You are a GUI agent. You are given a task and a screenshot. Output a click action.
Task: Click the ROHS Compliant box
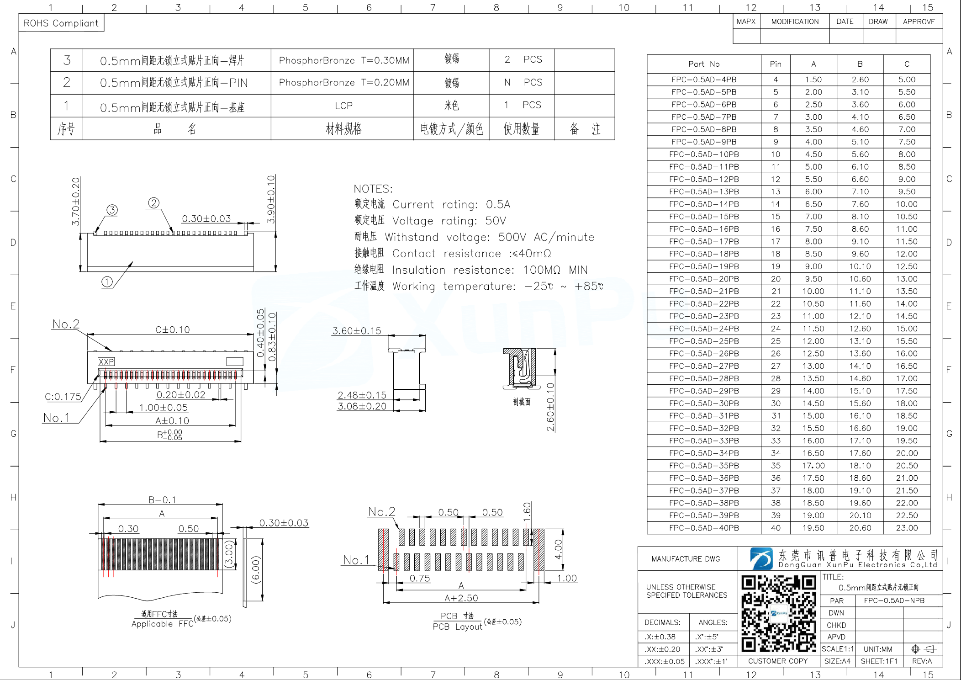click(61, 23)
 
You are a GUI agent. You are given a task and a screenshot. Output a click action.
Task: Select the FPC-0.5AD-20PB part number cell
click(703, 279)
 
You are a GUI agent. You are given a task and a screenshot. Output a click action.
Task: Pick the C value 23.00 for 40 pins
click(906, 528)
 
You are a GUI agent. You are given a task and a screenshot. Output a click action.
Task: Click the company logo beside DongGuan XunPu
click(761, 558)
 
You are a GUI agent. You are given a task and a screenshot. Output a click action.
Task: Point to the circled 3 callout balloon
click(112, 210)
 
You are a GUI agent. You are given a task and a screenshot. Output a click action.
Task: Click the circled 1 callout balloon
click(107, 282)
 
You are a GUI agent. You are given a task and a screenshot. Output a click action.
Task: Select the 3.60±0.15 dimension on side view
click(356, 330)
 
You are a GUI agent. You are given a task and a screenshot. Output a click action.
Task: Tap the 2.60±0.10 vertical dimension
click(550, 407)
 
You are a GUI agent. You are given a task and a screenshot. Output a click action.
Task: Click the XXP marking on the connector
click(106, 361)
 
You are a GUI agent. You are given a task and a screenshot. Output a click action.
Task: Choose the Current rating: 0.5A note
click(451, 204)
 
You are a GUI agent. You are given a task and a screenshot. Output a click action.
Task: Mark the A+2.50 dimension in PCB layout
click(461, 598)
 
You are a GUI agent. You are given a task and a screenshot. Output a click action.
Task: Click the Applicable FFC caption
click(162, 624)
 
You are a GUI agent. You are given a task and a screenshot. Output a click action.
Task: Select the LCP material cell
click(343, 106)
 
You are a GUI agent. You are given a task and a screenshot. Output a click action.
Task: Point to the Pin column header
click(776, 64)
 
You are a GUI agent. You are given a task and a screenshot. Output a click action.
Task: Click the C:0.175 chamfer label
click(63, 397)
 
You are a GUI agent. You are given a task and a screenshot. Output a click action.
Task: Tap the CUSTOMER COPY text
click(777, 661)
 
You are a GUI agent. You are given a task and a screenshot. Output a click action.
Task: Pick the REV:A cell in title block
click(922, 661)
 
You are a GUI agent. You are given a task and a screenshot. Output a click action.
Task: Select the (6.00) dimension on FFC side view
click(256, 570)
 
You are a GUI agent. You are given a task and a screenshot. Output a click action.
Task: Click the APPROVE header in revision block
click(919, 21)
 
